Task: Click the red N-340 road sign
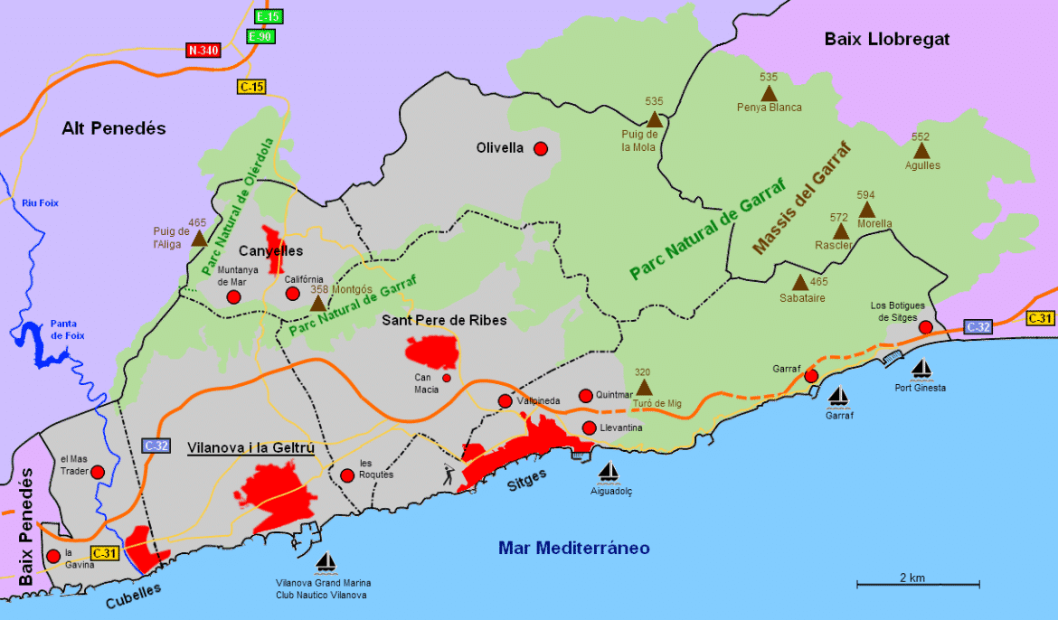(203, 51)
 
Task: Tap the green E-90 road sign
(260, 36)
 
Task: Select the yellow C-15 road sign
(252, 87)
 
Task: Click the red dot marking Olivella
(541, 148)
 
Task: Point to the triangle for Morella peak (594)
(866, 210)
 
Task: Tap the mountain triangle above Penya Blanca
(769, 93)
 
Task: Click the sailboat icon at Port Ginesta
(921, 370)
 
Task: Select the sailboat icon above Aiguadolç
(609, 472)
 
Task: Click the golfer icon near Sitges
(449, 472)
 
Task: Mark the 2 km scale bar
(912, 586)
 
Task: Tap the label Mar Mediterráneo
(573, 548)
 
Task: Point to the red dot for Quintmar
(585, 395)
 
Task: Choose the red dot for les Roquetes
(347, 475)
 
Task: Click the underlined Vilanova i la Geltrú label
(250, 447)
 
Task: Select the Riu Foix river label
(40, 203)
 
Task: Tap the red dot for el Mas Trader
(98, 472)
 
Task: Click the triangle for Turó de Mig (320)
(643, 387)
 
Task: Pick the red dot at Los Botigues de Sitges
(925, 326)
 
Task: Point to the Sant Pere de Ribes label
(444, 320)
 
